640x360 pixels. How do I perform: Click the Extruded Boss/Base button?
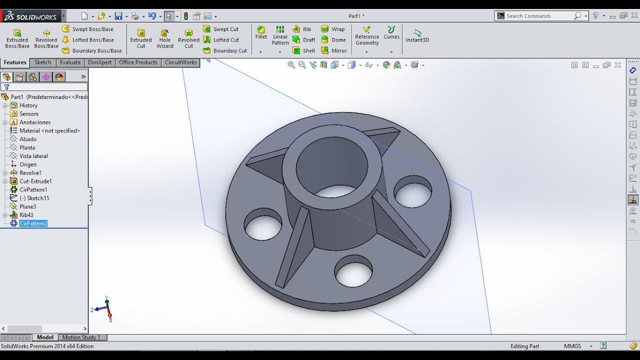pyautogui.click(x=17, y=38)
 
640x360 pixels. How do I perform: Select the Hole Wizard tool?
pyautogui.click(x=164, y=38)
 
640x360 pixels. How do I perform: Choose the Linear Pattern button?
pyautogui.click(x=280, y=35)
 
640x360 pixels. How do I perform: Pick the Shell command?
pyautogui.click(x=304, y=50)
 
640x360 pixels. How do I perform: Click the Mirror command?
pyautogui.click(x=334, y=50)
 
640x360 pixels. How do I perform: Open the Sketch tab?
pyautogui.click(x=42, y=62)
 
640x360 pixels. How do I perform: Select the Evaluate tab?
pyautogui.click(x=70, y=62)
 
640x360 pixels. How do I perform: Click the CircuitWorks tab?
pyautogui.click(x=180, y=62)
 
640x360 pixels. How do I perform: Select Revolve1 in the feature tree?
pyautogui.click(x=30, y=173)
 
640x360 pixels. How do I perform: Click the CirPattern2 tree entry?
pyautogui.click(x=33, y=223)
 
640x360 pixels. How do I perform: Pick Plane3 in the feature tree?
pyautogui.click(x=27, y=206)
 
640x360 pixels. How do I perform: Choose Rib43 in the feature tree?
pyautogui.click(x=26, y=215)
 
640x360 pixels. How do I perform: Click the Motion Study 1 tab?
pyautogui.click(x=81, y=337)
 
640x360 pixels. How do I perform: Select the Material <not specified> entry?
pyautogui.click(x=49, y=131)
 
